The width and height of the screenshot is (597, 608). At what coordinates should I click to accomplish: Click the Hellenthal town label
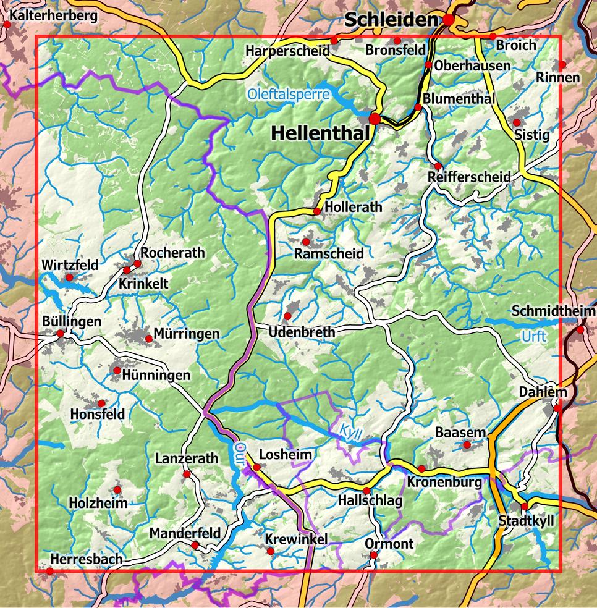(320, 132)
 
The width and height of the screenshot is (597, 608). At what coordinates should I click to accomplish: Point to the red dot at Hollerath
(317, 211)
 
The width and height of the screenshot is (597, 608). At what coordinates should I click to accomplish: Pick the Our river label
(240, 450)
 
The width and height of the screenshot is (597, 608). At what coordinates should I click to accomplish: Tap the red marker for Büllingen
(61, 334)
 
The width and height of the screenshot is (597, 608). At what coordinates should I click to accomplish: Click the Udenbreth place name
(302, 332)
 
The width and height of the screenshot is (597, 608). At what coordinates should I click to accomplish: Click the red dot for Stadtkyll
(525, 507)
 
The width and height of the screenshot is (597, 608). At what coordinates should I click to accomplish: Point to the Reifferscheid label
(469, 177)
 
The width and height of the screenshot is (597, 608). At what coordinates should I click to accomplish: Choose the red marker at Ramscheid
(306, 241)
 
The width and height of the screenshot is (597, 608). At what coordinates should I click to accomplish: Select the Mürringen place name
(187, 334)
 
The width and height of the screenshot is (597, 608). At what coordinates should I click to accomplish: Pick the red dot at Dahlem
(557, 408)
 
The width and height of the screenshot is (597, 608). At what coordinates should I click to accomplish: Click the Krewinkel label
(296, 539)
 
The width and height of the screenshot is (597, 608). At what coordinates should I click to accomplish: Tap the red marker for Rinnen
(562, 65)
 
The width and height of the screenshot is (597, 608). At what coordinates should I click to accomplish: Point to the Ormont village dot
(373, 555)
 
